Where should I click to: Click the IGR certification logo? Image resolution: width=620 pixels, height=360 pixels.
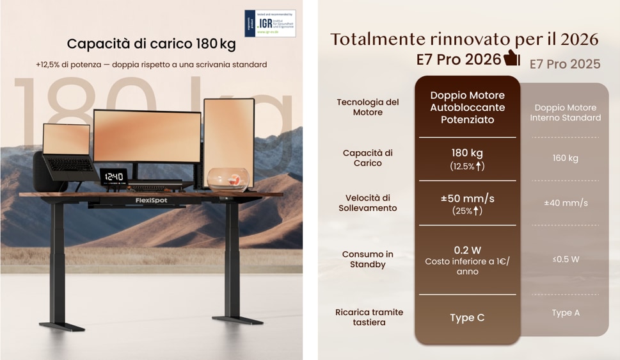[x=269, y=23]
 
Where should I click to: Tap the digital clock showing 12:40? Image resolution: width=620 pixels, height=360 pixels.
[x=113, y=176]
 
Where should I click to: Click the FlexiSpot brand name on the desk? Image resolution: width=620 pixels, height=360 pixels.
[x=152, y=200]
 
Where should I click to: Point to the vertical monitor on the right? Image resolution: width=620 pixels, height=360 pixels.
[x=228, y=134]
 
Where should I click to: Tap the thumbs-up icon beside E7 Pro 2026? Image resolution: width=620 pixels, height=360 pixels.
[x=512, y=58]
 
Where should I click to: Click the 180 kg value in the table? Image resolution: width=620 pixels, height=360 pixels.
[x=467, y=153]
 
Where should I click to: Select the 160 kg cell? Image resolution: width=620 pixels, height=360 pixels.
[x=565, y=158]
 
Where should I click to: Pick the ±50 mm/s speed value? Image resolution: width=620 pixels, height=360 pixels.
[x=467, y=199]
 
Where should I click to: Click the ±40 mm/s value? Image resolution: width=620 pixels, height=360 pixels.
[x=566, y=203]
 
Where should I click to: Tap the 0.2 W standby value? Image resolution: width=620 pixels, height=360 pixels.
[x=467, y=250]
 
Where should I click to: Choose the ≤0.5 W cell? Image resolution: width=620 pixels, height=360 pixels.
[x=566, y=259]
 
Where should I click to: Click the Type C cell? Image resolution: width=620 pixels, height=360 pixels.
[x=467, y=318]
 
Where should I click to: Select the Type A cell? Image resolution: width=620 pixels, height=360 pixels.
[x=566, y=313]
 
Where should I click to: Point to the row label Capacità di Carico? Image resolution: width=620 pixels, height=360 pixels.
[x=367, y=158]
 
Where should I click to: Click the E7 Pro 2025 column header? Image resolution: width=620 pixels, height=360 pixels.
[x=565, y=64]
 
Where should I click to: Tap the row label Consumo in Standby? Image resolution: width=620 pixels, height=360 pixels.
[x=367, y=259]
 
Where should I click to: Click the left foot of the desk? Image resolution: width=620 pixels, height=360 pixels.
[x=61, y=326]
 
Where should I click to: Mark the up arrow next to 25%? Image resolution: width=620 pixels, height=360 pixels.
[x=477, y=211]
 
